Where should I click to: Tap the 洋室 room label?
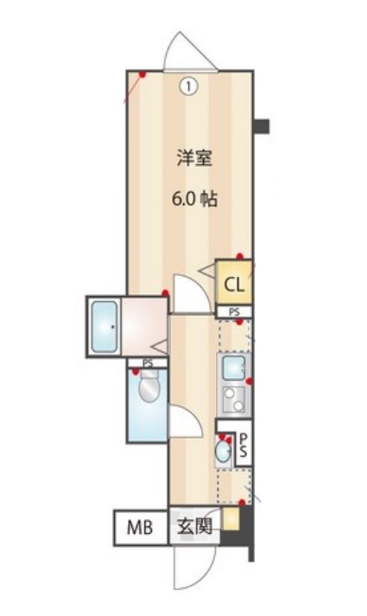(x=189, y=158)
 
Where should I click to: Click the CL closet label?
(x=234, y=283)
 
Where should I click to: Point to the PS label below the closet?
(x=234, y=311)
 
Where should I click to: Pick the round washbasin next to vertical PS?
(x=224, y=450)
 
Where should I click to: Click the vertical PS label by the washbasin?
(x=244, y=446)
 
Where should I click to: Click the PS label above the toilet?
(x=148, y=363)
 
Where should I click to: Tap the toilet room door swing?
(x=184, y=422)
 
